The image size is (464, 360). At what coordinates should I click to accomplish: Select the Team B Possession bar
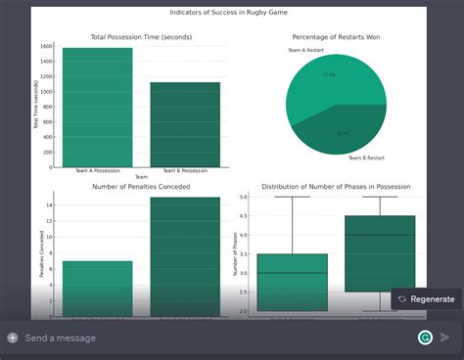(185, 123)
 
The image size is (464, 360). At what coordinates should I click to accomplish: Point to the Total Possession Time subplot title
(141, 37)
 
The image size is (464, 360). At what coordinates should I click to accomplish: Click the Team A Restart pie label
(305, 50)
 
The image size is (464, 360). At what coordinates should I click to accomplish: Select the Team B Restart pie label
(366, 157)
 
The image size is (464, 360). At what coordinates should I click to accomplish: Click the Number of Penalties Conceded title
(141, 186)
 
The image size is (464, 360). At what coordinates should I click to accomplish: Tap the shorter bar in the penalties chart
(97, 289)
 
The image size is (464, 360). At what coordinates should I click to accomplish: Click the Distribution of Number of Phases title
(336, 186)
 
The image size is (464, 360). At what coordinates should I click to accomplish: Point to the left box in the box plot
(293, 282)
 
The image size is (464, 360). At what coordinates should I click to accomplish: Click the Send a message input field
(196, 337)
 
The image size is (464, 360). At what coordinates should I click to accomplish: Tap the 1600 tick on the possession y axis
(47, 47)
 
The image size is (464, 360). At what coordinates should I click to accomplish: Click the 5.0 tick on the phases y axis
(245, 197)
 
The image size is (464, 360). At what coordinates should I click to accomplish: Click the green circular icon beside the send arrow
(425, 337)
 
